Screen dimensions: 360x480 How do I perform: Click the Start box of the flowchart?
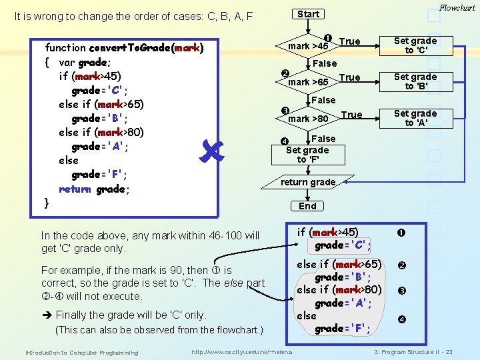click(308, 14)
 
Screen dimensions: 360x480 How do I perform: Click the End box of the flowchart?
click(308, 206)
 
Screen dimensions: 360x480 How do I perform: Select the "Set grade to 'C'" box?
click(415, 45)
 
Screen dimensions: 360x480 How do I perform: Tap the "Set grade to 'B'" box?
click(415, 81)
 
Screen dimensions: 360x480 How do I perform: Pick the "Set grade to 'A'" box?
click(415, 118)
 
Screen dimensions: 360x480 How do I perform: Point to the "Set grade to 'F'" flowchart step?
click(308, 155)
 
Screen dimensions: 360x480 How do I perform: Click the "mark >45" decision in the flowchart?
click(308, 46)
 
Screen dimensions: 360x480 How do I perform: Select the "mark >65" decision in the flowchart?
click(308, 82)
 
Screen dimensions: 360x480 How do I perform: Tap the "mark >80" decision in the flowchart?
click(308, 119)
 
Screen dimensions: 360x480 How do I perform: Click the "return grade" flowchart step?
click(308, 182)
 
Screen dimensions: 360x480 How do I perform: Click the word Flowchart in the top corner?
click(457, 8)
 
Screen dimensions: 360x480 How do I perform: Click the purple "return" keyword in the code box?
click(73, 189)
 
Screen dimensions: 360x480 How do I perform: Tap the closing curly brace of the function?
click(46, 203)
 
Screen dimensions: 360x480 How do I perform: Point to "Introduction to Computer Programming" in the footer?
click(82, 352)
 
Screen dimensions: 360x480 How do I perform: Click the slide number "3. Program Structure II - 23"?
click(413, 352)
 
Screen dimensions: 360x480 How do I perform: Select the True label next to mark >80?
click(351, 115)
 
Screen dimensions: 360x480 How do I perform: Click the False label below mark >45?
click(325, 63)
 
